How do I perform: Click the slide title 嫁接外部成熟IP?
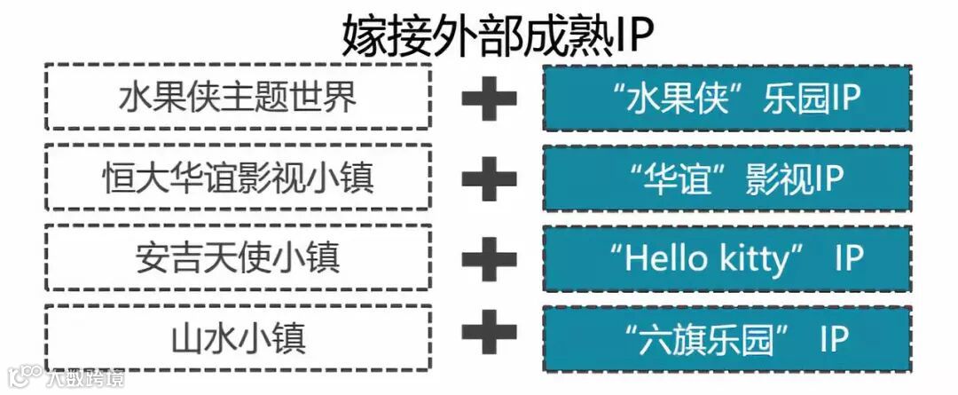pyautogui.click(x=498, y=36)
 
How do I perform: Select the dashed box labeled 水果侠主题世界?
pyautogui.click(x=238, y=97)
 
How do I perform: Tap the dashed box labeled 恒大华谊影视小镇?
pyautogui.click(x=238, y=178)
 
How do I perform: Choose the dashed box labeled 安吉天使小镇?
pyautogui.click(x=238, y=257)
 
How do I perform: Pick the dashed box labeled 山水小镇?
pyautogui.click(x=238, y=338)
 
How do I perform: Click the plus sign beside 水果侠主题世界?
pyautogui.click(x=489, y=98)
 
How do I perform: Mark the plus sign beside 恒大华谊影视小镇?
pyautogui.click(x=489, y=178)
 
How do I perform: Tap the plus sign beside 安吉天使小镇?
pyautogui.click(x=489, y=258)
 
